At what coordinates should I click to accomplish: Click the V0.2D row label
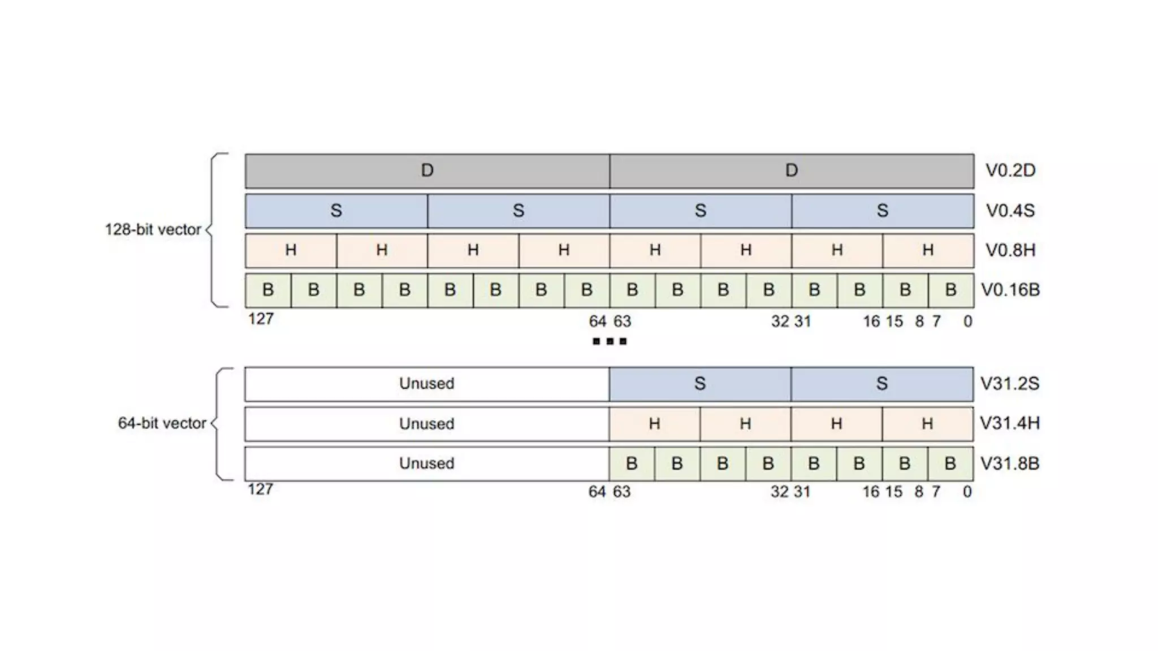pos(1010,171)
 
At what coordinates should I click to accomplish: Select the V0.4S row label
pos(1010,211)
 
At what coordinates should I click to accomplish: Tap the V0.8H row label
pos(1010,250)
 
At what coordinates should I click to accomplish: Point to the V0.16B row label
pos(1010,290)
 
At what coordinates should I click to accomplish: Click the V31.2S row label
pos(1010,384)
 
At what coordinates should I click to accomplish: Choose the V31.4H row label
pos(1010,423)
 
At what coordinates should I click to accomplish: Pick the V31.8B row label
pos(1010,463)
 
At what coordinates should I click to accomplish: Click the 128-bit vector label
pos(153,229)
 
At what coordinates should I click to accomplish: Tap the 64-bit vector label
pos(162,423)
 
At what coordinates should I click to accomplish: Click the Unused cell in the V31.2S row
pos(427,384)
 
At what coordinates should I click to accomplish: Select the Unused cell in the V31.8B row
pos(427,463)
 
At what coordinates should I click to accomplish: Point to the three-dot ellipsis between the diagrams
pos(610,341)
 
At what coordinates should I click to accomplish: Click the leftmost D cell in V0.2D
pos(427,171)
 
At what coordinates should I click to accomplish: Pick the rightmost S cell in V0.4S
pos(883,211)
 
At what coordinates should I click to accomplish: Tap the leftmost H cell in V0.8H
pos(291,250)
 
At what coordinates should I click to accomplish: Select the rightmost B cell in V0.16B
pos(951,290)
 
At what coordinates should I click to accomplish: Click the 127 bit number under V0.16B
pos(261,319)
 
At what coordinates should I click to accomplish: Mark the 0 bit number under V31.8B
pos(967,492)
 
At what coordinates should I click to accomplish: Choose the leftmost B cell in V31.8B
pos(632,463)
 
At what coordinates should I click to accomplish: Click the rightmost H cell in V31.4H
pos(927,423)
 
